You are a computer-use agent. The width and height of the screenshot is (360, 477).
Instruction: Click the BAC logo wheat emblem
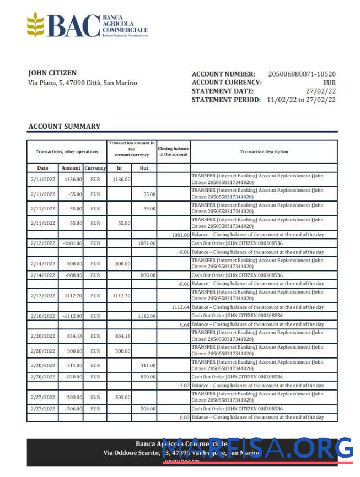pos(35,25)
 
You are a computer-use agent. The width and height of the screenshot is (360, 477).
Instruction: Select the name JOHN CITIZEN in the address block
pos(52,73)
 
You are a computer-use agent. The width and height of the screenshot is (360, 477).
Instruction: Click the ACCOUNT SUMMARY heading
pos(64,126)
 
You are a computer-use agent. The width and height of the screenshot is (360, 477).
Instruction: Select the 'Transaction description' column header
pos(264,151)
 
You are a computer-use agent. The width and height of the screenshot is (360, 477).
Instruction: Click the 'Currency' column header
pos(95,167)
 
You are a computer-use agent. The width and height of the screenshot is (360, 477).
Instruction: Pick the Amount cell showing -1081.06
pos(72,243)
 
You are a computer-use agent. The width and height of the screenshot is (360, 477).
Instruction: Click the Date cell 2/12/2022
pos(42,243)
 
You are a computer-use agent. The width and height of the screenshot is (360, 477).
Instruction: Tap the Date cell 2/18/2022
pos(42,316)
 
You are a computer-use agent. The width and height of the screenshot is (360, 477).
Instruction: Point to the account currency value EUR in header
pos(329,83)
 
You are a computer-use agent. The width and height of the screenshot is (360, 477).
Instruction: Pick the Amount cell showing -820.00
pos(72,377)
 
